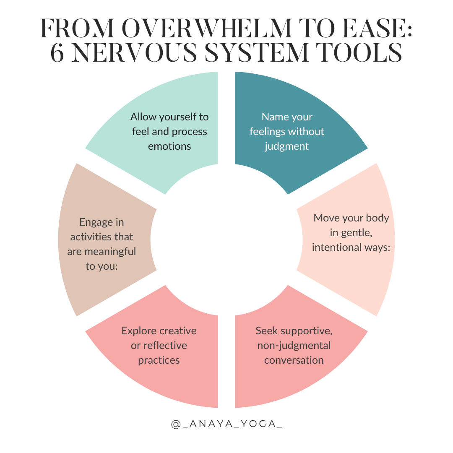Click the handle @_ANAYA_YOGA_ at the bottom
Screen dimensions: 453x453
click(x=226, y=424)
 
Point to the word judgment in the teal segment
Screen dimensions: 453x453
click(x=287, y=146)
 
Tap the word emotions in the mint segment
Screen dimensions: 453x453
click(x=169, y=146)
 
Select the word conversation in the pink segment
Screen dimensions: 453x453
click(x=294, y=360)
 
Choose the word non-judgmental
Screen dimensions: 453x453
click(x=294, y=345)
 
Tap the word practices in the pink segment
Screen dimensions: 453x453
click(x=159, y=360)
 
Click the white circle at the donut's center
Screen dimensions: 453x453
click(x=226, y=240)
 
